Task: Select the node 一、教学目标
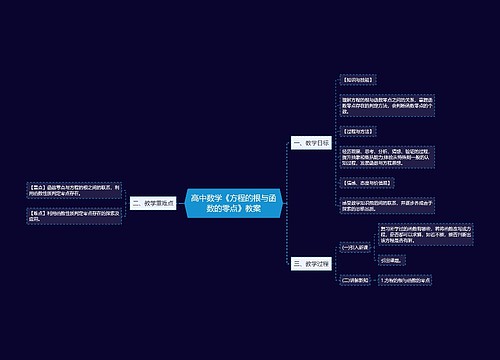(x=311, y=143)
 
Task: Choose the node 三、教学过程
(x=311, y=263)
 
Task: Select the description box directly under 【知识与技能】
(x=385, y=104)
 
